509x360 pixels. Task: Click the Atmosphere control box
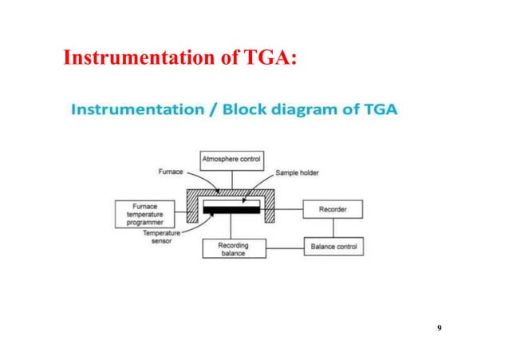pos(231,160)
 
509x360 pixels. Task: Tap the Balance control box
pos(333,247)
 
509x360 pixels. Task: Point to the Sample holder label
pos(298,172)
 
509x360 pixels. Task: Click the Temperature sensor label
pos(161,237)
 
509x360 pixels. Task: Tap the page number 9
pos(440,329)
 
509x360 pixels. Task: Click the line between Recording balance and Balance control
pos(281,248)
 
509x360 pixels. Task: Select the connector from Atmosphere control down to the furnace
pos(231,178)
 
